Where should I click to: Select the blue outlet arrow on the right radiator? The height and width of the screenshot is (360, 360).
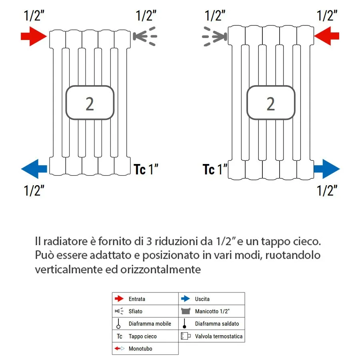[x=327, y=168]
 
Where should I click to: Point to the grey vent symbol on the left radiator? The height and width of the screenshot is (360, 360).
[x=144, y=36]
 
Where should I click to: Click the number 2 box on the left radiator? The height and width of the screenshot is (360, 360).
[x=90, y=103]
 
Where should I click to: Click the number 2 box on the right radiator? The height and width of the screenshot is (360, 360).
[x=271, y=103]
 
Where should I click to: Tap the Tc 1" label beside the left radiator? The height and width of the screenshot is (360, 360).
[x=146, y=170]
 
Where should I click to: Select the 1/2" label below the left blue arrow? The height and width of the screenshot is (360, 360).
[x=34, y=190]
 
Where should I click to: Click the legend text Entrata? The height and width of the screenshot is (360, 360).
[x=137, y=299]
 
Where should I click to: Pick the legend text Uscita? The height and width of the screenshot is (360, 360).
[x=202, y=299]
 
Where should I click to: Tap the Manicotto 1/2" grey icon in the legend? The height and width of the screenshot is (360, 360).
[x=185, y=311]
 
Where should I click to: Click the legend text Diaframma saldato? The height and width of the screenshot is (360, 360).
[x=217, y=324]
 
